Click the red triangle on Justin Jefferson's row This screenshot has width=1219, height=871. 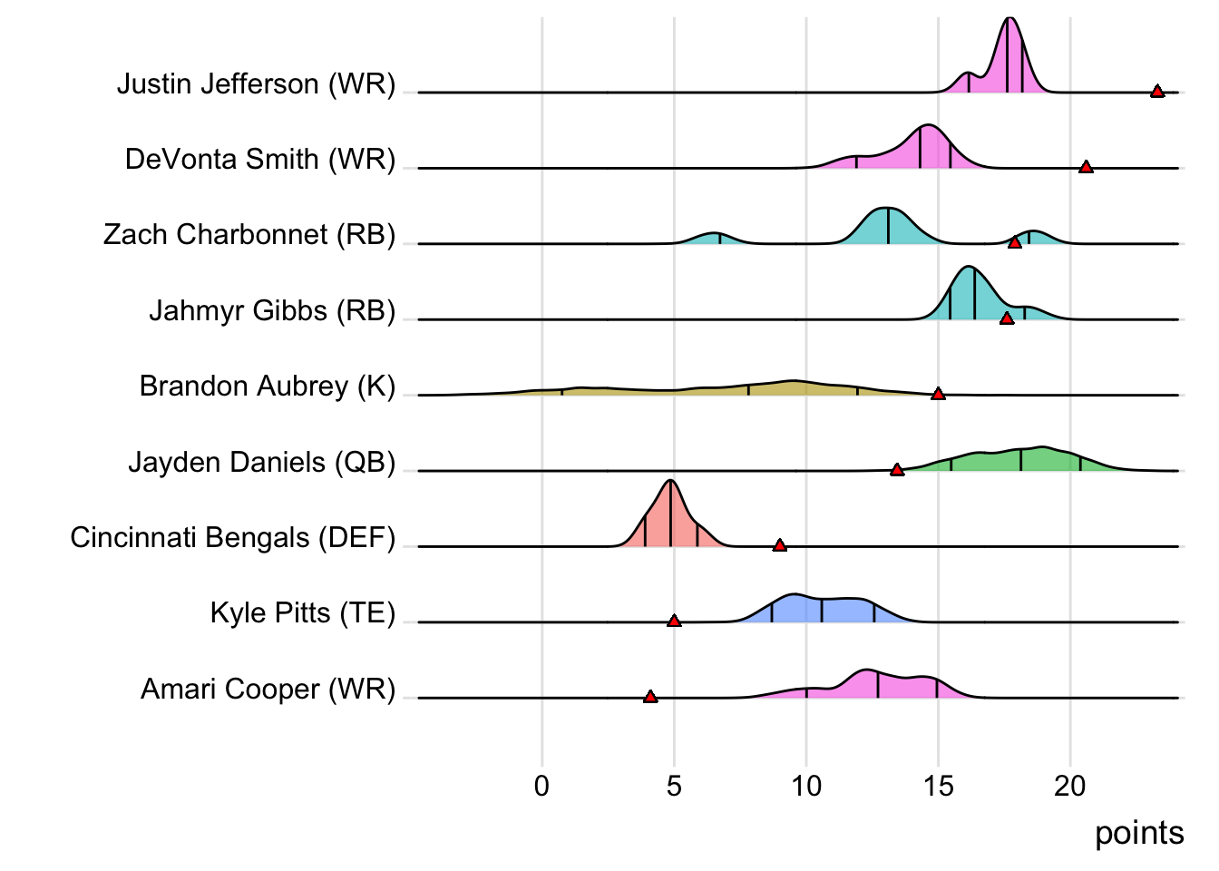[x=1157, y=91]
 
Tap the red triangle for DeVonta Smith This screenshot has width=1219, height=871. [x=1086, y=166]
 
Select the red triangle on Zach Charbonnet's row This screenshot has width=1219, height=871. [x=1015, y=241]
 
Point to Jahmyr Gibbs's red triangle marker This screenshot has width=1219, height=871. [x=1007, y=318]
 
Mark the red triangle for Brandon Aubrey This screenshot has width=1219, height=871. [x=939, y=394]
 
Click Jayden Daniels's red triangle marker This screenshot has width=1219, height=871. [x=897, y=469]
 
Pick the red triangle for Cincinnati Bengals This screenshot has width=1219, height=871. [x=780, y=544]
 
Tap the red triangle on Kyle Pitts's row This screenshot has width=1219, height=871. [x=674, y=621]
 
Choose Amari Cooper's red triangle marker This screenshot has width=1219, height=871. [x=650, y=696]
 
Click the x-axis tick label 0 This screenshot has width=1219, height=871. [x=541, y=786]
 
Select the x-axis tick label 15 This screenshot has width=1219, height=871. [x=939, y=786]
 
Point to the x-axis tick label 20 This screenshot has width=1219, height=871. [x=1070, y=786]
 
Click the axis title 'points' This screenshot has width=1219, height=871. [x=1139, y=833]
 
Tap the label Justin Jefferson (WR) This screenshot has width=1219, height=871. [x=257, y=84]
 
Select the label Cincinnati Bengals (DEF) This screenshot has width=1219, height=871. [x=233, y=538]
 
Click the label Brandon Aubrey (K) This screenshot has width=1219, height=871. [x=268, y=387]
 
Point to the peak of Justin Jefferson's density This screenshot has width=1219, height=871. [x=1009, y=20]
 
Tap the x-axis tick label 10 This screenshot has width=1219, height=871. [x=806, y=786]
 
